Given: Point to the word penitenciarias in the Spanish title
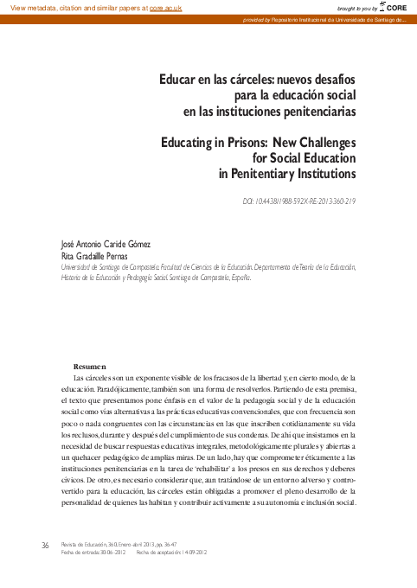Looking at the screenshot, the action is click(x=315, y=111).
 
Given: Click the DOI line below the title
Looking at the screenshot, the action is click(x=299, y=201).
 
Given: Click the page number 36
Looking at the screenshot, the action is click(x=45, y=545).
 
